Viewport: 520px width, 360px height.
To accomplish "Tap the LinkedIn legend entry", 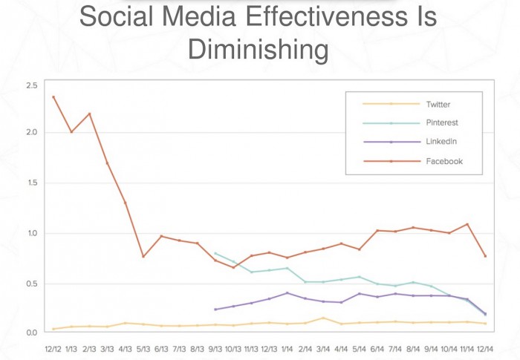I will pos(440,142).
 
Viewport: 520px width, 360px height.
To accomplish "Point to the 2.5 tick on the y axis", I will pos(30,86).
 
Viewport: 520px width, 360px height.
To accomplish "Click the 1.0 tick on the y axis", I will pos(30,234).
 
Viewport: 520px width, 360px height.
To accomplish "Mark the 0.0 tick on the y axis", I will pos(30,333).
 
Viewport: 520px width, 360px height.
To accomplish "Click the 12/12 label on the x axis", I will pos(53,347).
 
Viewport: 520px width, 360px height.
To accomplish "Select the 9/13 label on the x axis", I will pos(215,347).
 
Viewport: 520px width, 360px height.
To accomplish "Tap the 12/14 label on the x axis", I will pos(485,347).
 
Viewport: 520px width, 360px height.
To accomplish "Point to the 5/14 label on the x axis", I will pos(359,347).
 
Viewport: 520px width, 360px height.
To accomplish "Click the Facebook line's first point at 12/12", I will pos(53,96).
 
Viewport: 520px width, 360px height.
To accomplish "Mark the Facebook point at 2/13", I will pos(89,114).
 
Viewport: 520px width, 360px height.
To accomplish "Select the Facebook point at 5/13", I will pos(143,256).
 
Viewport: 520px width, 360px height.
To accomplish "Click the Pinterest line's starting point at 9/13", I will pos(215,253).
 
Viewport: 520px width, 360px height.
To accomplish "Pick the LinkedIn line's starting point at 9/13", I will pos(215,310).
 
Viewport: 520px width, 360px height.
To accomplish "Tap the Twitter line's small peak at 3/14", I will pos(323,318).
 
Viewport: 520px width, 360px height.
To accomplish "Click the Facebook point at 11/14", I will pos(467,224).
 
